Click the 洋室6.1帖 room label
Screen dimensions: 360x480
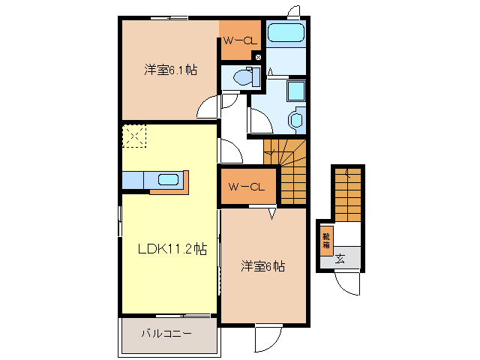tap(171, 70)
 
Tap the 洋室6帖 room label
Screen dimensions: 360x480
tap(262, 266)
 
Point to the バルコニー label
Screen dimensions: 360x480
tap(167, 333)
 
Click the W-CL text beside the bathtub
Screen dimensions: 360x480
tap(238, 42)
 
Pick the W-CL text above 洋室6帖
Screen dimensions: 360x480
tap(247, 187)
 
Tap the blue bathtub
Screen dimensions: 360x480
tap(285, 34)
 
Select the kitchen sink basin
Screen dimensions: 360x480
tap(168, 179)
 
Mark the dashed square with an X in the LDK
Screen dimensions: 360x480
tap(135, 137)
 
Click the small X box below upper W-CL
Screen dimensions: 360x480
tap(259, 58)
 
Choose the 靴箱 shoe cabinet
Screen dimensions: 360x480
tap(326, 240)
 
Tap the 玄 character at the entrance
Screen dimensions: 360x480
tap(340, 259)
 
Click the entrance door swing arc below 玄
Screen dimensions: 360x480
tap(346, 284)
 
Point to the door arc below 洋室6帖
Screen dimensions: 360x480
tap(266, 339)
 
